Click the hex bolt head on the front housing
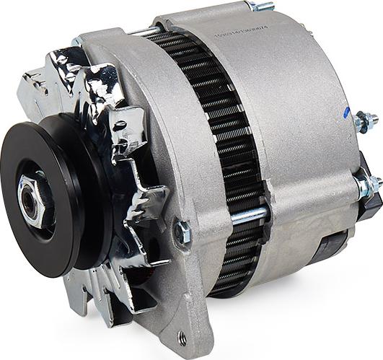coord(184,232)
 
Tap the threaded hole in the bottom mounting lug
coord(181,338)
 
